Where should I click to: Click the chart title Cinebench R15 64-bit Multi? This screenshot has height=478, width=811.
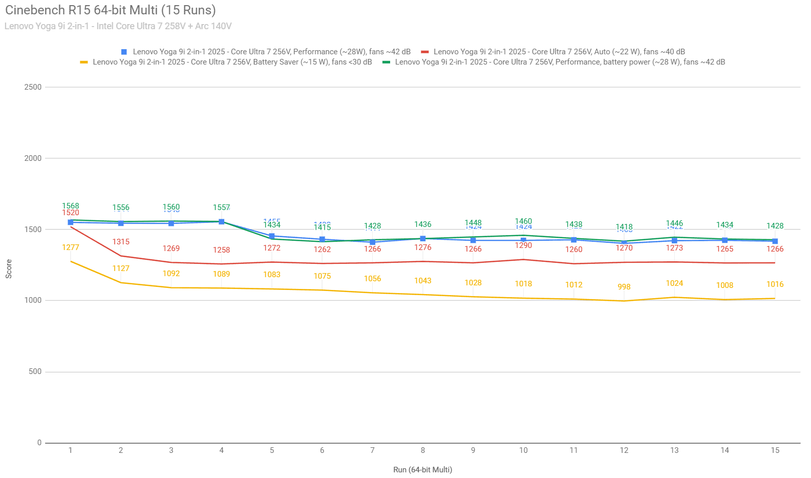pos(110,10)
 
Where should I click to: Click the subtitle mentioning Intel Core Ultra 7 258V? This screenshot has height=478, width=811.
pos(118,26)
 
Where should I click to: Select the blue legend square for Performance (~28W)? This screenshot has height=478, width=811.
pos(124,52)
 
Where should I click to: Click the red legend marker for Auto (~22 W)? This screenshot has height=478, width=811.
pos(424,52)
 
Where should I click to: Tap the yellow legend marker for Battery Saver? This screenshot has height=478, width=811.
pos(84,62)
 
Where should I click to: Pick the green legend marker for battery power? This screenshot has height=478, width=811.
pos(386,62)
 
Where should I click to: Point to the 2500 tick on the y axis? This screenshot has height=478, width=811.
pos(33,87)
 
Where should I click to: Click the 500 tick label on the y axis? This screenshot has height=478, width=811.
pos(35,371)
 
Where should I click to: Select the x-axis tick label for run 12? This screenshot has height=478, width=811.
pos(624,450)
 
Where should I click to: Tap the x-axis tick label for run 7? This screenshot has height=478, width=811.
pos(372,450)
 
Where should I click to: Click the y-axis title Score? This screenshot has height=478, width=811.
pos(9,269)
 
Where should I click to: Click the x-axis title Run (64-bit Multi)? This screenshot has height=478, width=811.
pos(422,470)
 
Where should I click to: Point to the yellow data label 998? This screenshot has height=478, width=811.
pos(624,287)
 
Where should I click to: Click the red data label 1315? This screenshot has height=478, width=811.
pos(121,242)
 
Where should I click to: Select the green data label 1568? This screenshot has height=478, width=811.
pos(71,206)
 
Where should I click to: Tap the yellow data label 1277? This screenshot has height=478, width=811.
pos(71,247)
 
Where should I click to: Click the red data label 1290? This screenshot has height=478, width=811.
pos(523,245)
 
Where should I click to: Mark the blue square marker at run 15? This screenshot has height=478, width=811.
pos(775,241)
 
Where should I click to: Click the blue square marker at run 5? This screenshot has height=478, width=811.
pos(272,236)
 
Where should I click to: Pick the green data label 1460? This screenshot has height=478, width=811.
pos(523,221)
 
